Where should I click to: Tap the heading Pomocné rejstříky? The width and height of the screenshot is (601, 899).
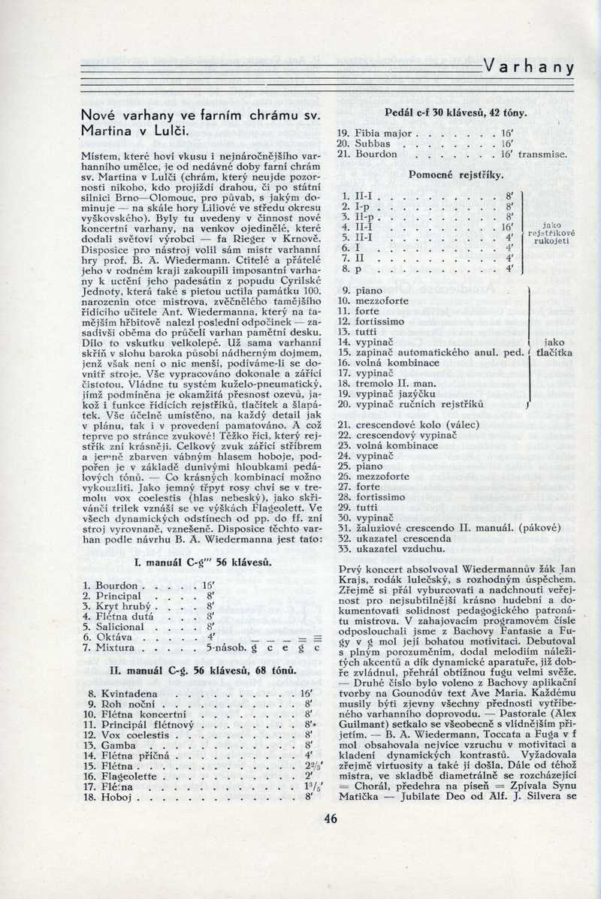pos(455,174)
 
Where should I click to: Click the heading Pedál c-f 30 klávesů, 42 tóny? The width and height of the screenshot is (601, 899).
pos(455,113)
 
